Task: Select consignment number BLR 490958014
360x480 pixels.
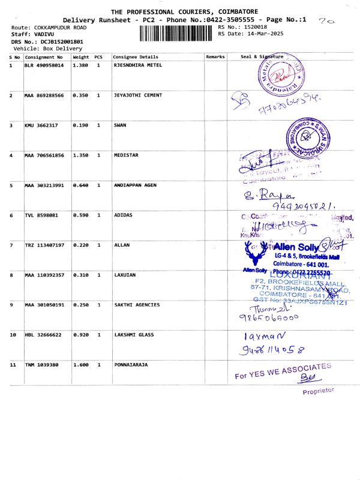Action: [44, 65]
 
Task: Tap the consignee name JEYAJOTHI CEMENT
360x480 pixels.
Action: [137, 95]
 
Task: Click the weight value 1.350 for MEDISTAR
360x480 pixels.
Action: [80, 155]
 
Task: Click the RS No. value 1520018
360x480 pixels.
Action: [255, 28]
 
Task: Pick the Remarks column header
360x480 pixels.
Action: [215, 56]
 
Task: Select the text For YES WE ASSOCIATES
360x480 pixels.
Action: [282, 371]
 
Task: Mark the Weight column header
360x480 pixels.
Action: [81, 56]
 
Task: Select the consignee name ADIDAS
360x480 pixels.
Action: [123, 215]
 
